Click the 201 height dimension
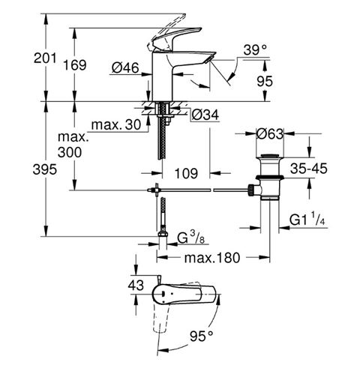(45, 58)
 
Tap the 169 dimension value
(74, 65)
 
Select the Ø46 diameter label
(125, 67)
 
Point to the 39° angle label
(255, 49)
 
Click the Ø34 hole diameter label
(205, 115)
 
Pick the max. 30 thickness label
(116, 124)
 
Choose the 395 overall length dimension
(45, 170)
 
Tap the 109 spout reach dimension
(186, 173)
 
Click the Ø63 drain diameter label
(270, 134)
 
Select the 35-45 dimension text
(308, 169)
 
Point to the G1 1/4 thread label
(307, 219)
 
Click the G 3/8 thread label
(190, 238)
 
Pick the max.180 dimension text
(212, 258)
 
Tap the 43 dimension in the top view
(136, 285)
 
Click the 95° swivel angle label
(202, 336)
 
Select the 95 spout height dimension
(265, 81)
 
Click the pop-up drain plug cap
(269, 157)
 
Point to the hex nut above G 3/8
(163, 234)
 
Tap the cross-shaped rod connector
(156, 190)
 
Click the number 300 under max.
(70, 152)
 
